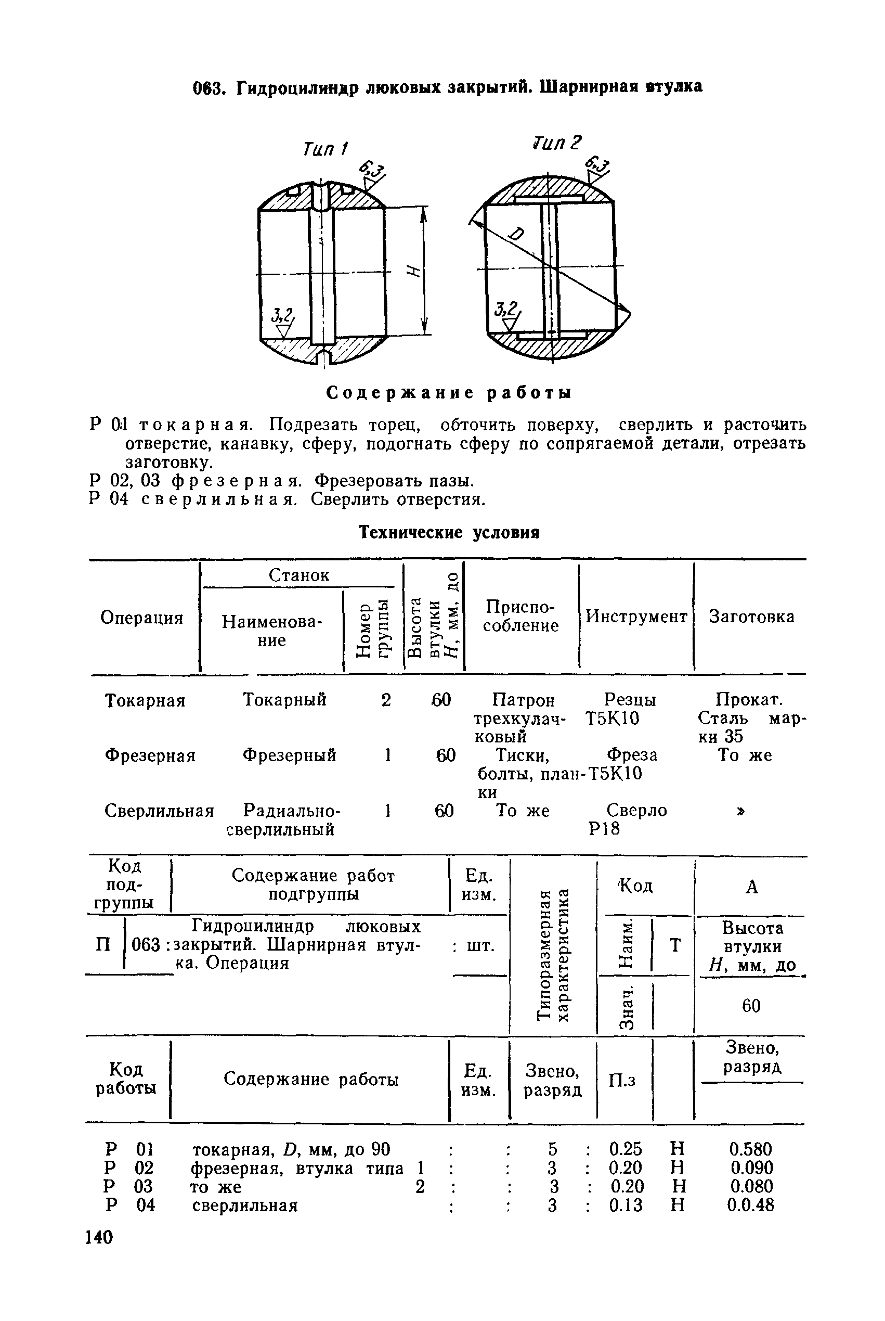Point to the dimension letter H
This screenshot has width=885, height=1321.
414,272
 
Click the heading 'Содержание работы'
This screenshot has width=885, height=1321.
449,393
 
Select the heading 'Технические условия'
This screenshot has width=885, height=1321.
450,532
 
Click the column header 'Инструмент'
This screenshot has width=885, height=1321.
636,616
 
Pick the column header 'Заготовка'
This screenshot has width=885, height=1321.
751,616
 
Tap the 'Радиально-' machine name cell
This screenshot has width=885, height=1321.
291,811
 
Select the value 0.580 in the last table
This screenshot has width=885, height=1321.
751,1149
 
